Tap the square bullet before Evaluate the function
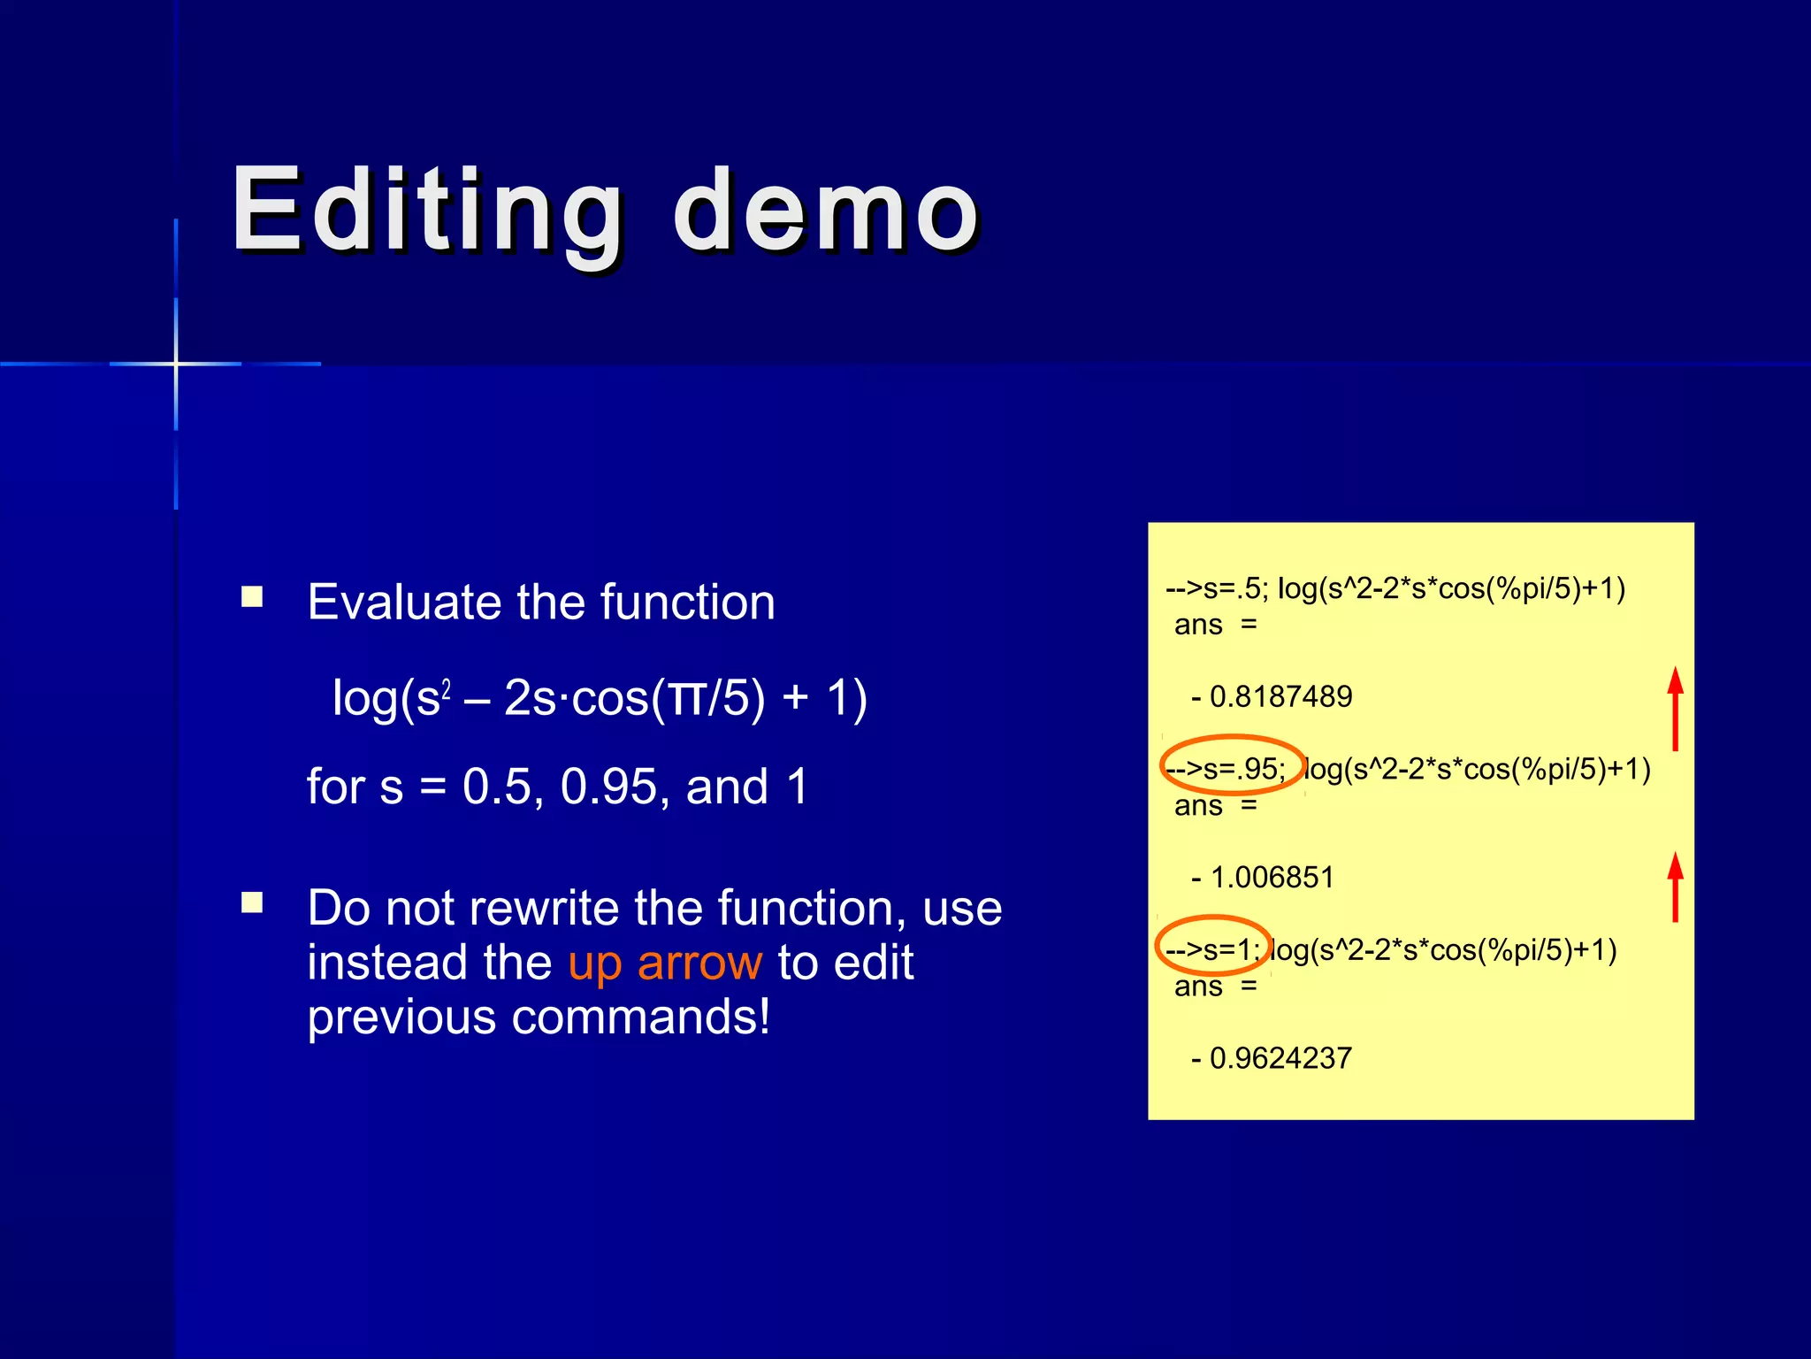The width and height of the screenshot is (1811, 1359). (x=253, y=597)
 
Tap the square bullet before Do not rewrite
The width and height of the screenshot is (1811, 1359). (x=253, y=902)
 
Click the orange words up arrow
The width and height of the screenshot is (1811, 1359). (x=665, y=963)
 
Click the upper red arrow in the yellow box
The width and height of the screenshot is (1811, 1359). (x=1675, y=709)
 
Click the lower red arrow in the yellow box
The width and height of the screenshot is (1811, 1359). (x=1675, y=887)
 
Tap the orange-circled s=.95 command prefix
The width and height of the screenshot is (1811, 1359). (x=1233, y=768)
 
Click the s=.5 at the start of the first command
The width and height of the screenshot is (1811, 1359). (x=1234, y=588)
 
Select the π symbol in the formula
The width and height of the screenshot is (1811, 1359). (x=687, y=699)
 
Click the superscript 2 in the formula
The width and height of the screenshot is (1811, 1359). (x=447, y=688)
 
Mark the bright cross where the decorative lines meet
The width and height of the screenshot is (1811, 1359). (x=176, y=364)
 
